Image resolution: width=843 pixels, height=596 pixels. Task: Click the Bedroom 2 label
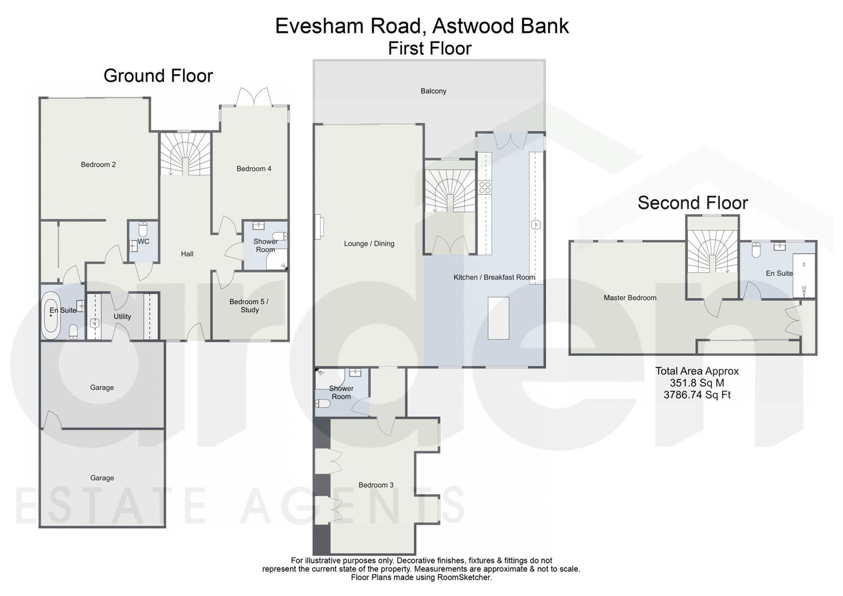pos(98,164)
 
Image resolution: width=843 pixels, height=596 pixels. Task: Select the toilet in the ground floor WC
pos(143,229)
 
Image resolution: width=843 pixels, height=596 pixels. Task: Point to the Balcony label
pos(433,91)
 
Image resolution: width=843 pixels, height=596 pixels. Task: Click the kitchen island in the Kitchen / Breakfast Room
pos(498,318)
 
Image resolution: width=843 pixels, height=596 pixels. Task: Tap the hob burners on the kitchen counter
pos(485,187)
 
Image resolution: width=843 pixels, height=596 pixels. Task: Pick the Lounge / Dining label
pos(369,244)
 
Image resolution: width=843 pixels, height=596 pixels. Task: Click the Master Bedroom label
pos(630,298)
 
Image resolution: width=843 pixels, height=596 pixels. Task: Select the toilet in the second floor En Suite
pos(756,250)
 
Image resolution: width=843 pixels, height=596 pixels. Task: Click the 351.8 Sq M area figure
pos(697,383)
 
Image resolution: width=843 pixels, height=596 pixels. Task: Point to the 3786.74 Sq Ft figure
pos(697,395)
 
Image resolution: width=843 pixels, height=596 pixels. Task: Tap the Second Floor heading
pos(693,203)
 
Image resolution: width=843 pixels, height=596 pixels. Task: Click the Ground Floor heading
pos(158,76)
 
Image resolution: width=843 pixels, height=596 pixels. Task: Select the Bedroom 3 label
pos(376,485)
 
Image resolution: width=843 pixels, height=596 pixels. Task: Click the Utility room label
pos(122,317)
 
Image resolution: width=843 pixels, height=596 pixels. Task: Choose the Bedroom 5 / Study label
pos(249,306)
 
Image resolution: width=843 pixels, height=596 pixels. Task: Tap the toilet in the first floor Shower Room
pos(323,403)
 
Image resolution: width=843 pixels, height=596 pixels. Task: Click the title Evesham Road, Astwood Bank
pos(422,26)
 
